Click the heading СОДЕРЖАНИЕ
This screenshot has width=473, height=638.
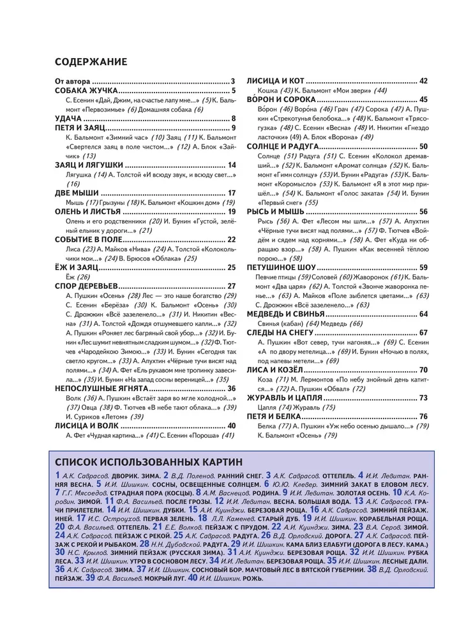pyautogui.click(x=91, y=62)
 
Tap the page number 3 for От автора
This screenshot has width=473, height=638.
pyautogui.click(x=233, y=81)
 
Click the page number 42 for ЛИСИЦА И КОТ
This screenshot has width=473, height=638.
pyautogui.click(x=423, y=81)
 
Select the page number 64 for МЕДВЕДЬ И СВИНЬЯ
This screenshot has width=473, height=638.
pyautogui.click(x=423, y=314)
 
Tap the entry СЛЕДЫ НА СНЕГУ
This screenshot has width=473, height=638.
pyautogui.click(x=280, y=332)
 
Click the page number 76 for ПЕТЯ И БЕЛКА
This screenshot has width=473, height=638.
pyautogui.click(x=423, y=416)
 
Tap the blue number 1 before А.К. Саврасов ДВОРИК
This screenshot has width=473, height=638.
pyautogui.click(x=58, y=475)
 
